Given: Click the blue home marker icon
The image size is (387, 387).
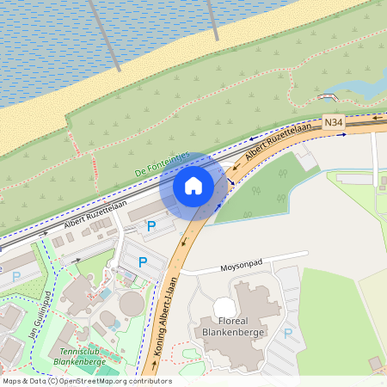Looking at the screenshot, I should [193, 185].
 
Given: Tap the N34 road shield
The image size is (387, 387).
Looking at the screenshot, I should [334, 123].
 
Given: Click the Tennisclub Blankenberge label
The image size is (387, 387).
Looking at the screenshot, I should [79, 357].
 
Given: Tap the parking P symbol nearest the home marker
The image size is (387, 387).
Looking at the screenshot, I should [151, 226].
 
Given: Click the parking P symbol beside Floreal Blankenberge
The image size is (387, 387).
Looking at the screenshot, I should [288, 333].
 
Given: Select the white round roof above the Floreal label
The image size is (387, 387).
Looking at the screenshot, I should [224, 307].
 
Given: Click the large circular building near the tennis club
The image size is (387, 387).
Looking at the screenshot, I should [132, 304].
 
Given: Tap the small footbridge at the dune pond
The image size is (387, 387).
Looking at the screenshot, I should [329, 95].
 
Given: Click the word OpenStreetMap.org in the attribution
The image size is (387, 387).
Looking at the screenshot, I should [97, 381].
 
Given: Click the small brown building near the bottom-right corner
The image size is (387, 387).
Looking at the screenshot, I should [374, 364].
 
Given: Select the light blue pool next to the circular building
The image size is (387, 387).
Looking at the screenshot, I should [106, 294].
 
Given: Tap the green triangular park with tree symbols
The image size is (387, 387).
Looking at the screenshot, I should [267, 189].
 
